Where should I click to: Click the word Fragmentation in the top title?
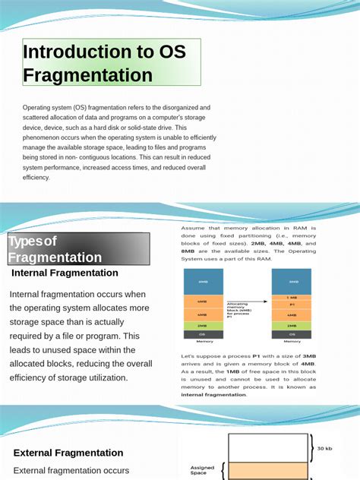click(x=88, y=75)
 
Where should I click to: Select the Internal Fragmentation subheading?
click(x=65, y=273)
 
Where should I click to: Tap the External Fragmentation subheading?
click(x=68, y=453)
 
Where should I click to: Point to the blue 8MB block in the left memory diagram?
click(x=203, y=283)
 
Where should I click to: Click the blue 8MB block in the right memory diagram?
click(x=292, y=281)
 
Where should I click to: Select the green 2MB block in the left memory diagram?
click(x=203, y=325)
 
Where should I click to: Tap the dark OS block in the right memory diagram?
click(x=292, y=334)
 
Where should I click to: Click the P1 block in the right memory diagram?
click(x=292, y=305)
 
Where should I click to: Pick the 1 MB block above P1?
click(x=292, y=297)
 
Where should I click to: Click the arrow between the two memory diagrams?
click(x=248, y=301)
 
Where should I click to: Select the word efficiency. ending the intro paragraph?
click(x=36, y=177)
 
